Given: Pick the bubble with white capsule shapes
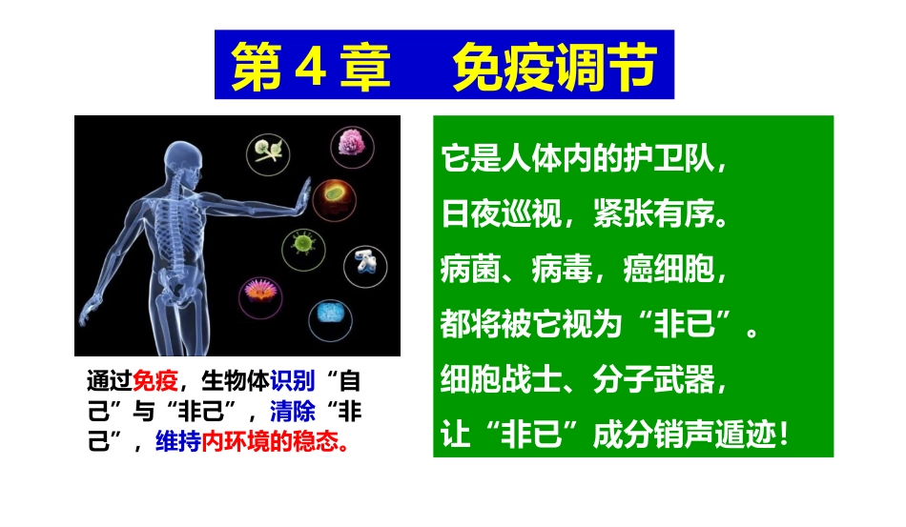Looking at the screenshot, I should tap(365, 262).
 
